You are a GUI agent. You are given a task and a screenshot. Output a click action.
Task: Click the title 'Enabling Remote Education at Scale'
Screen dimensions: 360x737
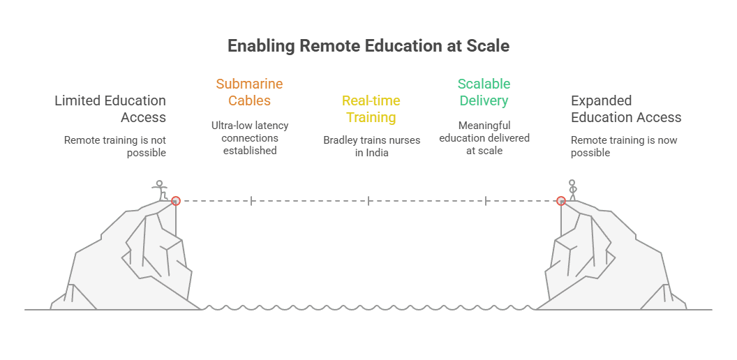pyautogui.click(x=368, y=46)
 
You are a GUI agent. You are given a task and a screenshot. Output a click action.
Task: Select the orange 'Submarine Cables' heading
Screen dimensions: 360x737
pyautogui.click(x=249, y=92)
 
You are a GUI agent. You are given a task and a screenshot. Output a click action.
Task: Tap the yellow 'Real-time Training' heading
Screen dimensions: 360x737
pyautogui.click(x=371, y=109)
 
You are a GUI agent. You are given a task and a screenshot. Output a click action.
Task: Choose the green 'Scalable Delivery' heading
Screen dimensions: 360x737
pyautogui.click(x=484, y=92)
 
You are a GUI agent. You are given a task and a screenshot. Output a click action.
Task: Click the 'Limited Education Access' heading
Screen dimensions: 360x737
pyautogui.click(x=110, y=109)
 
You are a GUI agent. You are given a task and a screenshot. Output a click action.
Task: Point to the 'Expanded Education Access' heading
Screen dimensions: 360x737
pyautogui.click(x=626, y=109)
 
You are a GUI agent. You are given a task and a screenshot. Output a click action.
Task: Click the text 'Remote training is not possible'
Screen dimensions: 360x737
pyautogui.click(x=115, y=147)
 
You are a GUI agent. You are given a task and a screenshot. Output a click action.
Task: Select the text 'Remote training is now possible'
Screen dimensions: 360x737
pyautogui.click(x=624, y=147)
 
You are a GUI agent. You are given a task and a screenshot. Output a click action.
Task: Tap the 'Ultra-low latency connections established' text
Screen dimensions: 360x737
pyautogui.click(x=250, y=137)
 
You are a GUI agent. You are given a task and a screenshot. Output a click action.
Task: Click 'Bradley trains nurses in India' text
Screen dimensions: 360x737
pyautogui.click(x=371, y=147)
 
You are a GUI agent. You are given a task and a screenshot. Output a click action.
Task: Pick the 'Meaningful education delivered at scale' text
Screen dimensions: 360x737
pyautogui.click(x=484, y=137)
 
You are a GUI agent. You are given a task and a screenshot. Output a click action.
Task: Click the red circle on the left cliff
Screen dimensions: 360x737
pyautogui.click(x=176, y=201)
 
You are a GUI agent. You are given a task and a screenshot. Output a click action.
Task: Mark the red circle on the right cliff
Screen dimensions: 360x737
pyautogui.click(x=560, y=201)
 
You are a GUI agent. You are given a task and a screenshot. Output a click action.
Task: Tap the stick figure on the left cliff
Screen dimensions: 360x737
pyautogui.click(x=161, y=190)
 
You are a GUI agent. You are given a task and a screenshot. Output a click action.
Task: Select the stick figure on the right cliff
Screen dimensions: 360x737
pyautogui.click(x=573, y=190)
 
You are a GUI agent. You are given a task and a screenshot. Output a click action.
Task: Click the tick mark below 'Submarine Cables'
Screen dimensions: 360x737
pyautogui.click(x=251, y=201)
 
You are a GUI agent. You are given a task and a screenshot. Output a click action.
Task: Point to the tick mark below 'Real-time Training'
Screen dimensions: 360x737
pyautogui.click(x=368, y=201)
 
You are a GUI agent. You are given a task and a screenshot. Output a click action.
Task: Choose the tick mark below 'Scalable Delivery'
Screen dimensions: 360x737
pyautogui.click(x=486, y=201)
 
